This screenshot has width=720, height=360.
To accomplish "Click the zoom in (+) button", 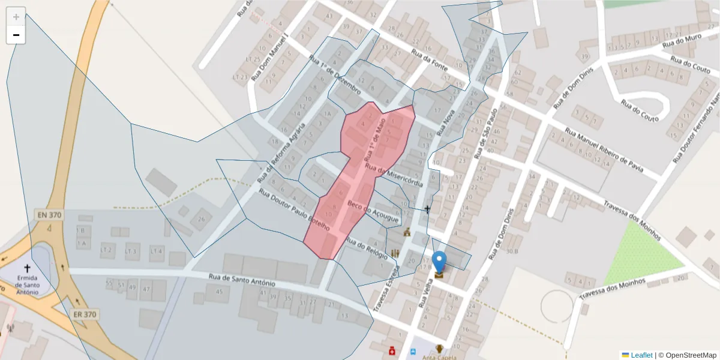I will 16,16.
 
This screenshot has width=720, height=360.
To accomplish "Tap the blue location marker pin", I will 439,262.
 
